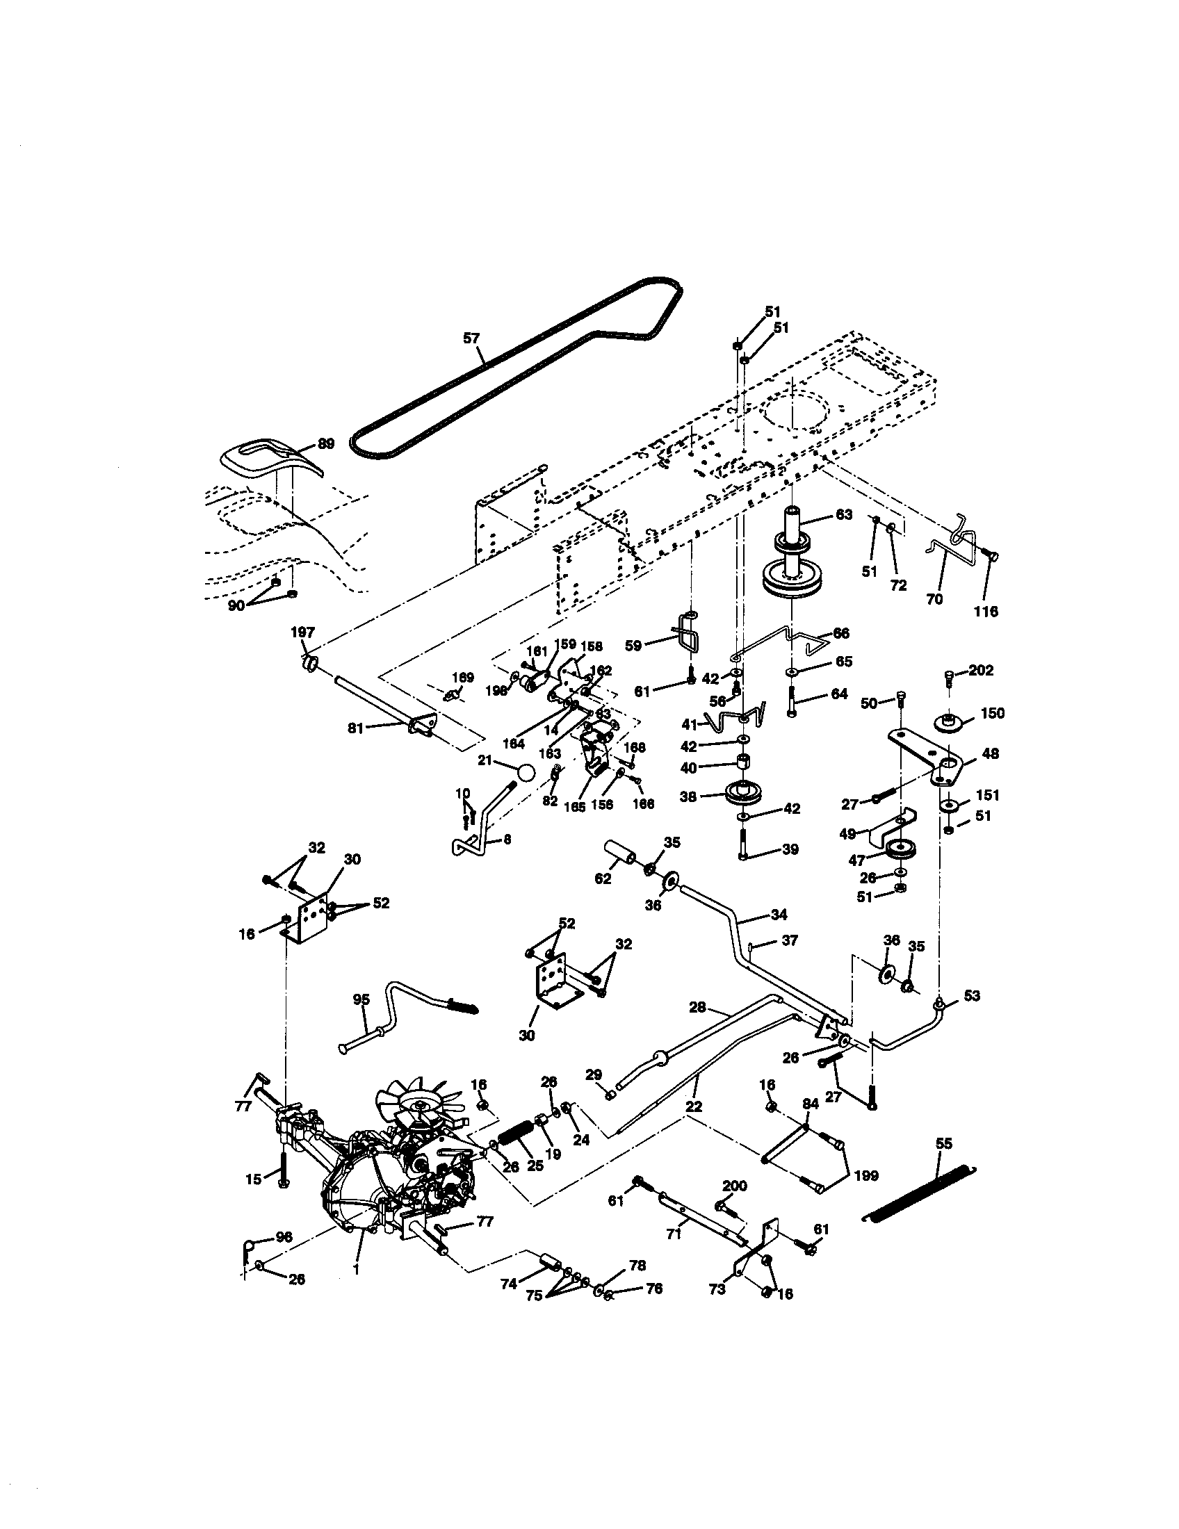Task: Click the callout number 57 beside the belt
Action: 471,338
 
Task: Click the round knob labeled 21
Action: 526,772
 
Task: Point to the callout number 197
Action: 302,632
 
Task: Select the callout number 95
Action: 361,999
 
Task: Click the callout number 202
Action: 981,670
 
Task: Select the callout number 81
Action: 357,728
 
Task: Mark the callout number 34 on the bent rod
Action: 778,915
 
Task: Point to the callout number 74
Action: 509,1283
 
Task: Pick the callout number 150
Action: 992,713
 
